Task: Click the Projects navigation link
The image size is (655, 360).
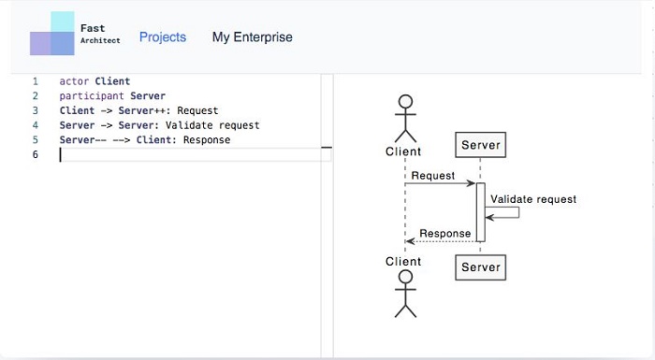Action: coord(163,37)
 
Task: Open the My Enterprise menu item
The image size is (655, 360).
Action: coord(252,37)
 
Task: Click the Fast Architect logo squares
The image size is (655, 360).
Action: coord(51,35)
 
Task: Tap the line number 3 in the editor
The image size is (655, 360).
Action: coord(35,110)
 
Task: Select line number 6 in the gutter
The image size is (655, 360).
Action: coord(35,154)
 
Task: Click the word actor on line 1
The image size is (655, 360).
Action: coord(74,81)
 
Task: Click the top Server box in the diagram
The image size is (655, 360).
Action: coord(481,145)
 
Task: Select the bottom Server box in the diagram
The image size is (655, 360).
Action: coord(481,267)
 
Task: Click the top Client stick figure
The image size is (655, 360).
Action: coord(404,117)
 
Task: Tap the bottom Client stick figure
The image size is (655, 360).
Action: coord(404,295)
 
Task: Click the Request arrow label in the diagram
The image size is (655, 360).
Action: coord(432,176)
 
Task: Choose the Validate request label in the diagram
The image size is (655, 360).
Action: coord(533,199)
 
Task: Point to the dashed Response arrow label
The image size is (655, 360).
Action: coord(444,234)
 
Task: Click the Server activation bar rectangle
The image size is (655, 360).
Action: coord(480,211)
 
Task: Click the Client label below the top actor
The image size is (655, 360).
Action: coord(403,151)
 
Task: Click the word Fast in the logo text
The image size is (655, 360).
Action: coord(93,29)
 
